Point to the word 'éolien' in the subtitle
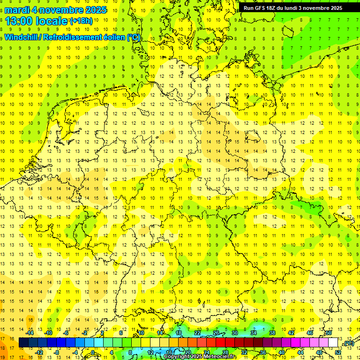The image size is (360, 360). pos(112,37)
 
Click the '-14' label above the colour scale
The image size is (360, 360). pos(30,333)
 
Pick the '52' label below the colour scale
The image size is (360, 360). pos(338,352)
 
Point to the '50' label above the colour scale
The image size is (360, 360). pos(329,333)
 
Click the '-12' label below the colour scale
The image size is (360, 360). pos(39,352)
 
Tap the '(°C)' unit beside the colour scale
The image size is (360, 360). pos(348,343)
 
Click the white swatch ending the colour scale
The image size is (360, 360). pos(333,343)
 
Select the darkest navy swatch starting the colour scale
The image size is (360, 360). pos(23,343)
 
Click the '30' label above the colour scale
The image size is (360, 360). pos(234,333)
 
